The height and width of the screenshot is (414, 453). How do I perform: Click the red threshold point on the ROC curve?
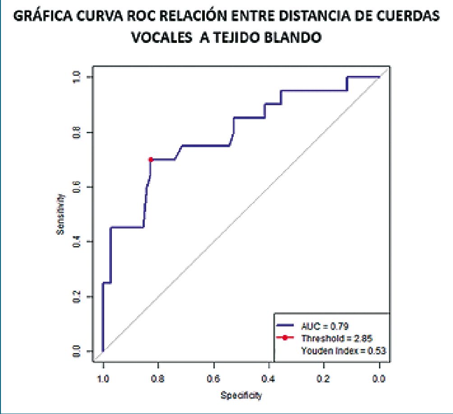(x=151, y=159)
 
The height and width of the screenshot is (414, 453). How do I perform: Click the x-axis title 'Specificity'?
(x=241, y=396)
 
